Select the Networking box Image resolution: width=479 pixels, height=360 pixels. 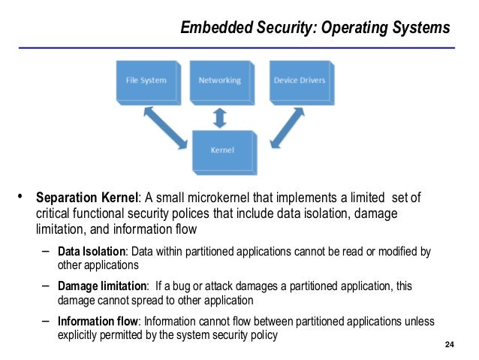(219, 80)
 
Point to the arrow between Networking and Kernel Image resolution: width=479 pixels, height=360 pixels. (219, 116)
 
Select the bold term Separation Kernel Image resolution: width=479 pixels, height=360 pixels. (87, 198)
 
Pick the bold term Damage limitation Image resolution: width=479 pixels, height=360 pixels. (103, 286)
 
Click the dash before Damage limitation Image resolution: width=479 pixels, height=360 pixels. (46, 286)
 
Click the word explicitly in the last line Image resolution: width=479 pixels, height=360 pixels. (80, 334)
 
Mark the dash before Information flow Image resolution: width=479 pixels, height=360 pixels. (46, 321)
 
